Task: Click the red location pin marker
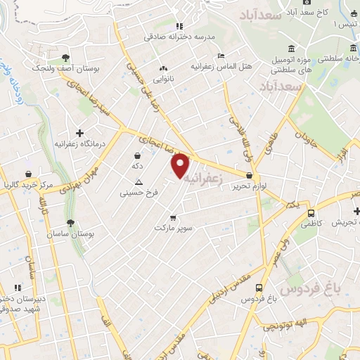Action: tap(181, 165)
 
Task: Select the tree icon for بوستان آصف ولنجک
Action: tap(65, 58)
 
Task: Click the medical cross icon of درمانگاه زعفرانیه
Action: tap(79, 132)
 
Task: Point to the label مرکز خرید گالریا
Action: tap(28, 186)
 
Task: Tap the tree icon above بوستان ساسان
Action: tap(70, 224)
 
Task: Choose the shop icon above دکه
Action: tap(136, 155)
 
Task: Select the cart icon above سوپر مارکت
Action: tap(173, 217)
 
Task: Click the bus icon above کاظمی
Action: tap(310, 213)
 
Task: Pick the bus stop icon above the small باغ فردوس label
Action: tap(259, 288)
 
